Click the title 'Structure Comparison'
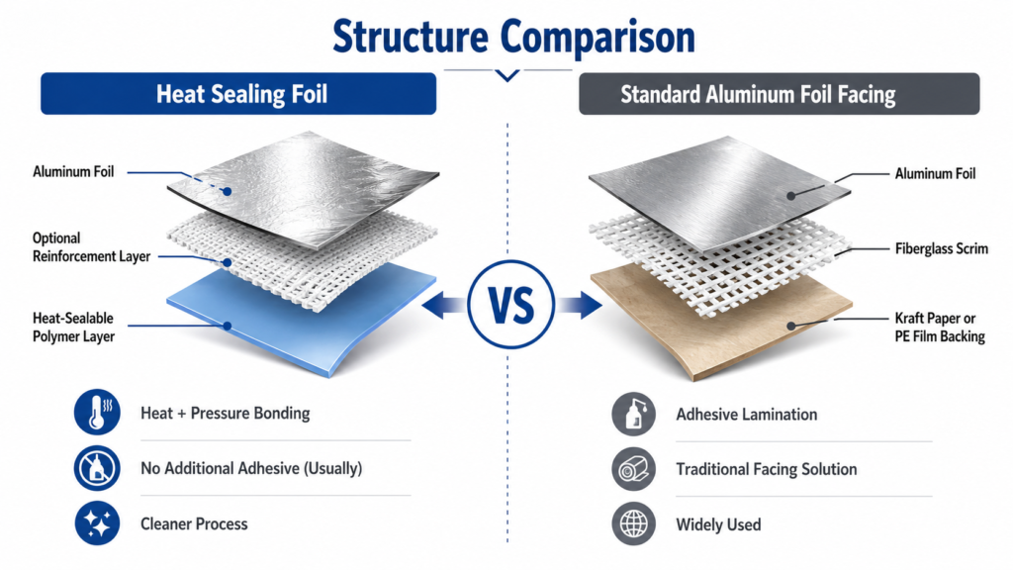[x=513, y=37]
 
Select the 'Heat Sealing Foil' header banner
[x=238, y=94]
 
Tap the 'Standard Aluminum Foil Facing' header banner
[x=780, y=94]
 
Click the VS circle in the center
[x=511, y=305]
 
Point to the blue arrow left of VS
[x=443, y=305]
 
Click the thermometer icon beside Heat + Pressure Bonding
[x=97, y=412]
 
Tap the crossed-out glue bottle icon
[x=97, y=468]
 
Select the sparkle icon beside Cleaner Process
[x=97, y=523]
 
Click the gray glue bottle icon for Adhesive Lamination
[x=634, y=414]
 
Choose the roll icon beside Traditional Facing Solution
[x=634, y=469]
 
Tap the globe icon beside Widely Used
[x=634, y=524]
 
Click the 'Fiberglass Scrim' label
[x=942, y=248]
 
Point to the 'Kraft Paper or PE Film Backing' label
[x=940, y=327]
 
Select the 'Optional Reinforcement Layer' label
[x=92, y=246]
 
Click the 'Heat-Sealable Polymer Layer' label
[x=73, y=327]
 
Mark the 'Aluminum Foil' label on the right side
[x=935, y=173]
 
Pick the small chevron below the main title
[x=507, y=75]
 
